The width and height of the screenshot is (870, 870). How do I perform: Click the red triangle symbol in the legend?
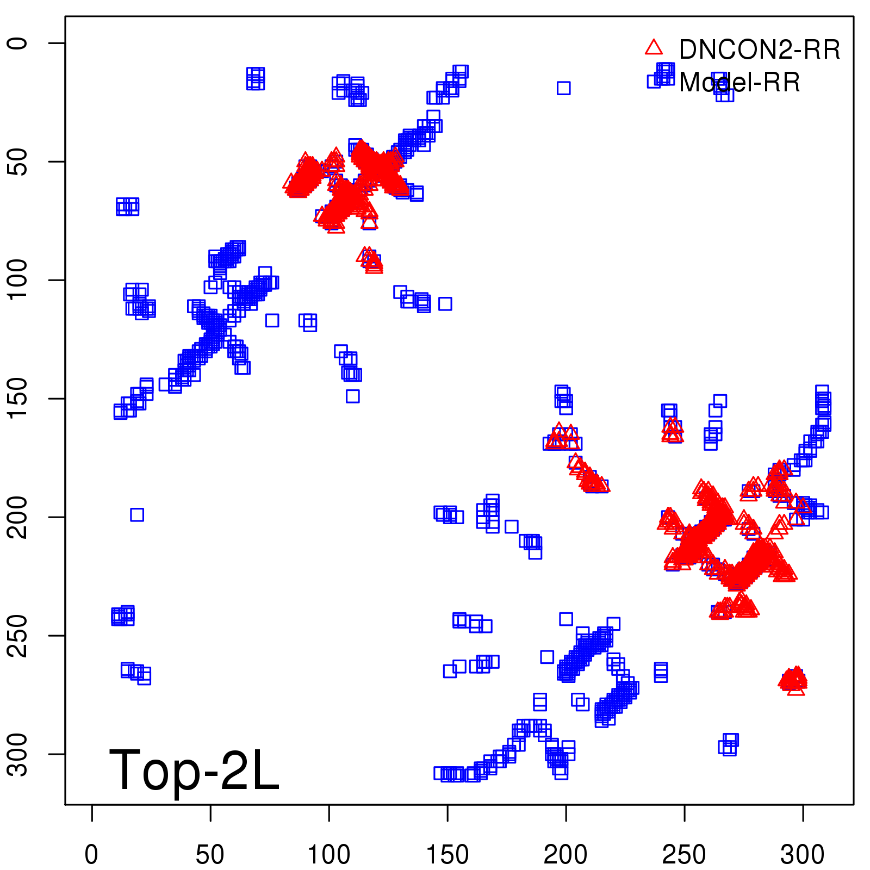pyautogui.click(x=654, y=48)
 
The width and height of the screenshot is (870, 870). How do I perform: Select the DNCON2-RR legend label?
pyautogui.click(x=760, y=50)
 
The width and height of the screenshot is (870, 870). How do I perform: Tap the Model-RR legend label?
pyautogui.click(x=739, y=83)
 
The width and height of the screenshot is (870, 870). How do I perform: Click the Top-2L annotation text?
pyautogui.click(x=194, y=770)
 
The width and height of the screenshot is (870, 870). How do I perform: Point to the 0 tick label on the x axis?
pyautogui.click(x=91, y=855)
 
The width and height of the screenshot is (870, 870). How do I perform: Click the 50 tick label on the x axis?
pyautogui.click(x=210, y=855)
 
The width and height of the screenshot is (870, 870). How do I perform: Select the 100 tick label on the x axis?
pyautogui.click(x=328, y=855)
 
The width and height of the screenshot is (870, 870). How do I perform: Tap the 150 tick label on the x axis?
pyautogui.click(x=447, y=855)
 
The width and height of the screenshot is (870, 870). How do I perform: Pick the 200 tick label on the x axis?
pyautogui.click(x=565, y=855)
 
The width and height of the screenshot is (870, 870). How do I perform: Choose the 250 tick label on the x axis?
pyautogui.click(x=684, y=855)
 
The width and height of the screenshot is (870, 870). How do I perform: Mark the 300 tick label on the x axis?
pyautogui.click(x=803, y=855)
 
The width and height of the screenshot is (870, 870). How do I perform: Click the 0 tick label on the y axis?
pyautogui.click(x=17, y=43)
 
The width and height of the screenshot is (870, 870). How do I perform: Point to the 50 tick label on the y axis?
pyautogui.click(x=17, y=161)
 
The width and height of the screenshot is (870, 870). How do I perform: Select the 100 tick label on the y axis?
pyautogui.click(x=17, y=280)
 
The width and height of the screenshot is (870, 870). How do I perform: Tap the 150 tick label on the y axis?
pyautogui.click(x=17, y=399)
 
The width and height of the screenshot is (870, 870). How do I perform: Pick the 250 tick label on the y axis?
pyautogui.click(x=17, y=636)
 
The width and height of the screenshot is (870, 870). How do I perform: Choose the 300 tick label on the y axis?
pyautogui.click(x=17, y=754)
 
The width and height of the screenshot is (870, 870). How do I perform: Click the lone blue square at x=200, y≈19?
pyautogui.click(x=563, y=88)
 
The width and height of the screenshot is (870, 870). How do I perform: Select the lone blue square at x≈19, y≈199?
pyautogui.click(x=137, y=514)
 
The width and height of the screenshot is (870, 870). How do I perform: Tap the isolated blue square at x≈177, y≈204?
pyautogui.click(x=511, y=526)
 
